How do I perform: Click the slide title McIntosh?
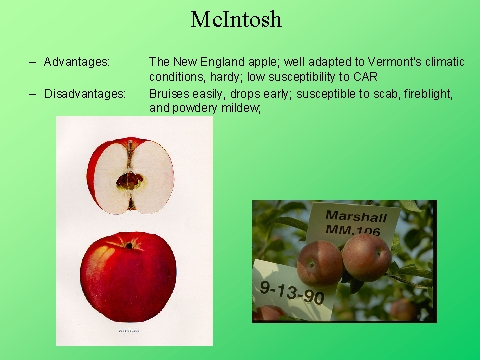[x=240, y=19]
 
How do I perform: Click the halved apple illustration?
[x=131, y=176]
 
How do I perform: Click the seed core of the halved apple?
[x=130, y=181]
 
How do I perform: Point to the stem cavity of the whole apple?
[x=129, y=244]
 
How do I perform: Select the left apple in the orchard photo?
[x=320, y=262]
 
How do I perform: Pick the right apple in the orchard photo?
[x=365, y=256]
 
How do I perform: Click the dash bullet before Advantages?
[x=33, y=62]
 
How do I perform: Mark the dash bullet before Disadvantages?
[x=33, y=94]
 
